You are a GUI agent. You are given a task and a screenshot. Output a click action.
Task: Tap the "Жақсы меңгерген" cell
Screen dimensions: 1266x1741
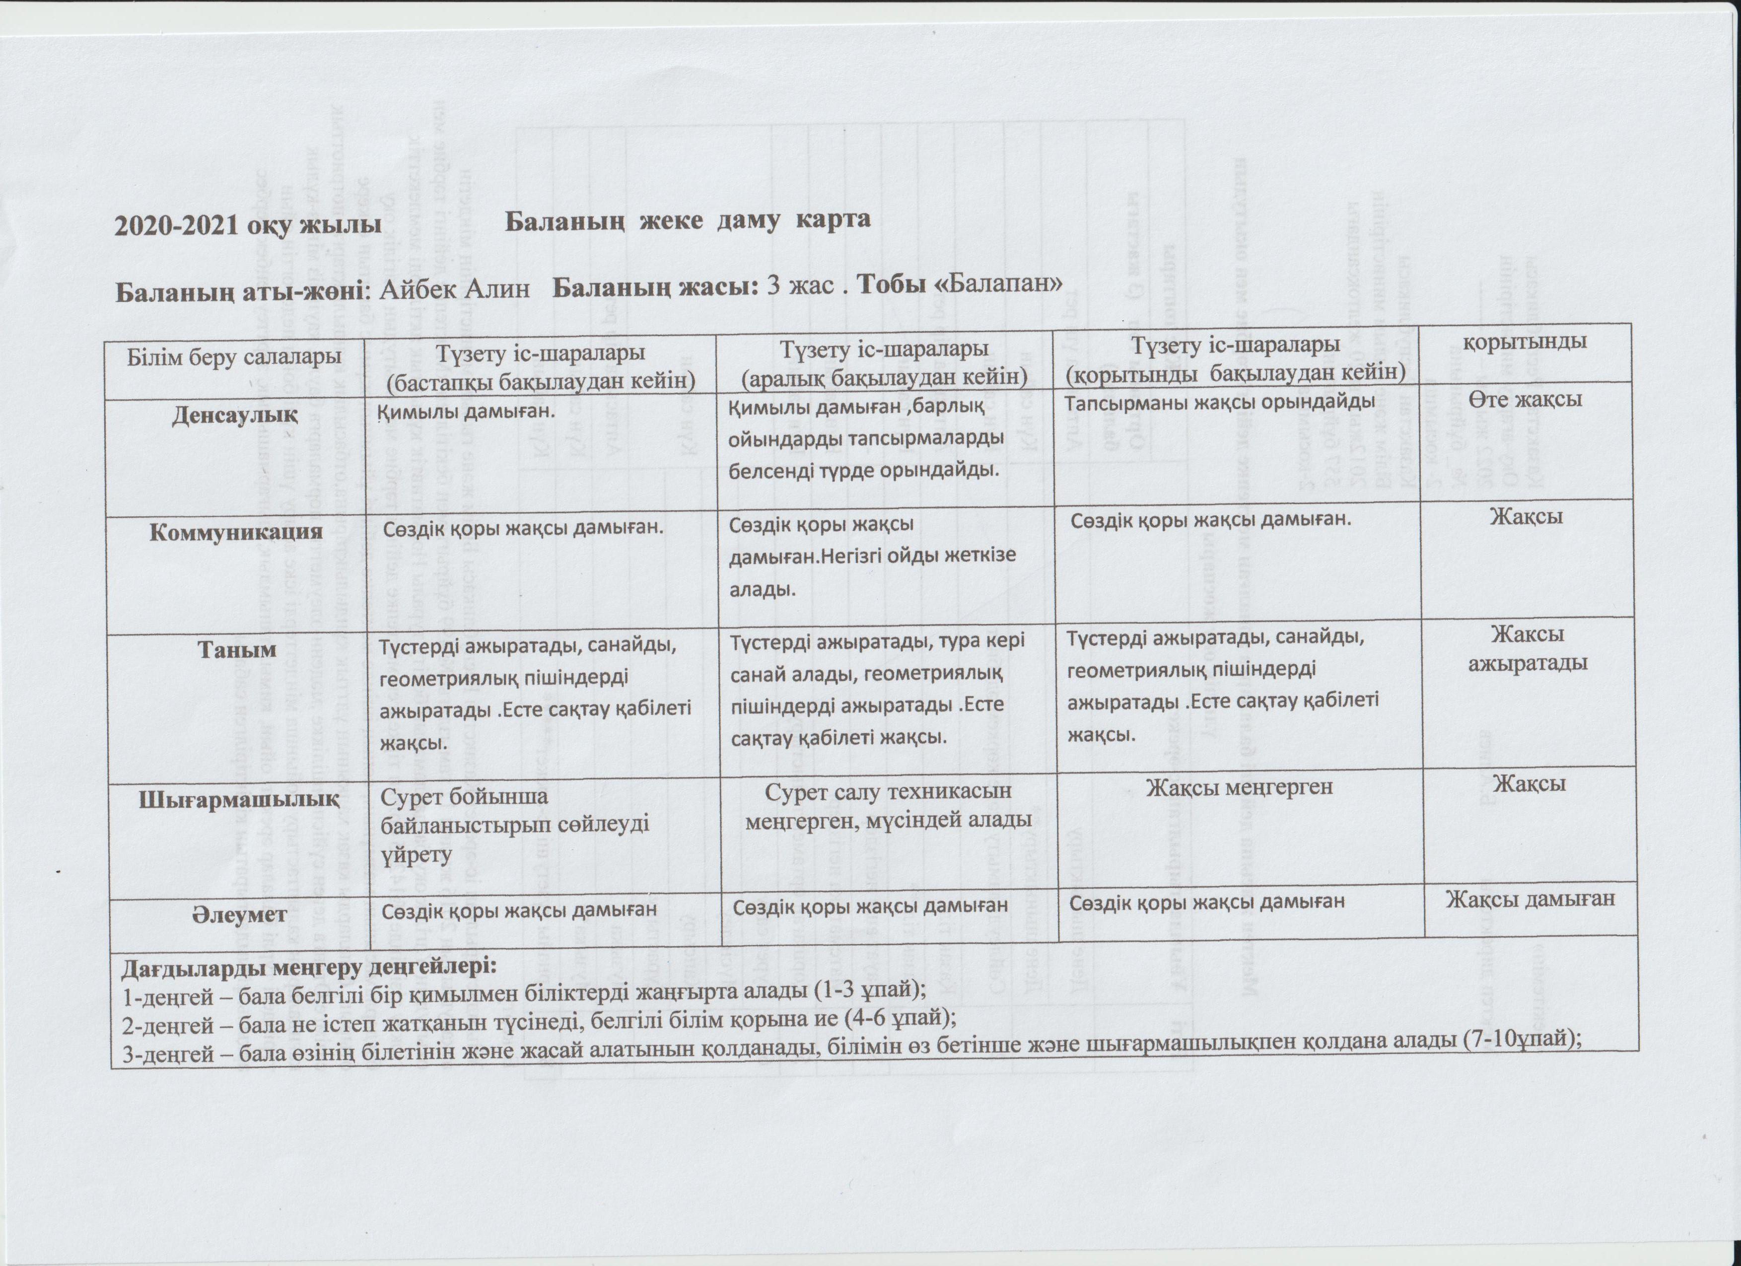[1239, 787]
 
